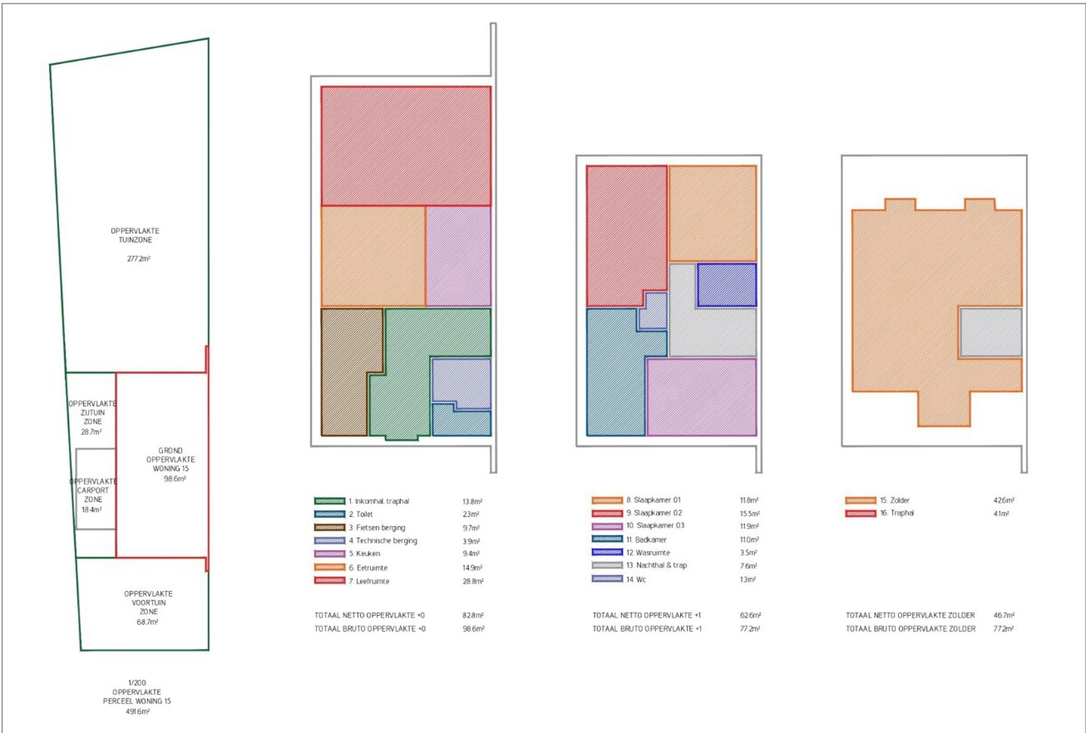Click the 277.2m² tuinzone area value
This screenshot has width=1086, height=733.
tap(139, 259)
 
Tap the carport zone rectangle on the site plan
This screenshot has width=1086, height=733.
tap(96, 489)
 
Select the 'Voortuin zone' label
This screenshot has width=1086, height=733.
tap(149, 603)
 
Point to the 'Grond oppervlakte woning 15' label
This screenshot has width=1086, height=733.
tap(171, 459)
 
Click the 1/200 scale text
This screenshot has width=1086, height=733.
tap(137, 683)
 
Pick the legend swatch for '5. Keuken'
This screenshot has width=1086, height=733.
tap(330, 554)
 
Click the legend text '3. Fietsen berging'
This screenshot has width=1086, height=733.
tap(377, 528)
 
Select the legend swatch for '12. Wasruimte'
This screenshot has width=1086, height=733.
tap(607, 552)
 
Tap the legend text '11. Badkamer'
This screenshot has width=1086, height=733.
tap(646, 540)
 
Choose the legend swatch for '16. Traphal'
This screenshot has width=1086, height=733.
tap(861, 514)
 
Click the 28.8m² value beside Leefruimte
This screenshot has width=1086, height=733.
tap(473, 582)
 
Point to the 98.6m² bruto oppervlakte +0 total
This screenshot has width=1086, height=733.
tap(473, 629)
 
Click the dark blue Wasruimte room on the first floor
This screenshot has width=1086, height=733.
tap(727, 285)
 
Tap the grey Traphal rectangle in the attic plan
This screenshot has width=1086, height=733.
tap(991, 332)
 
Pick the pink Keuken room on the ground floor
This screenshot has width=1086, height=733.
tap(459, 256)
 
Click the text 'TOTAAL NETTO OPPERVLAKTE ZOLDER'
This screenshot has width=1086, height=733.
tap(910, 615)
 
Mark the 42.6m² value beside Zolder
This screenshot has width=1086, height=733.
tap(1003, 500)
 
